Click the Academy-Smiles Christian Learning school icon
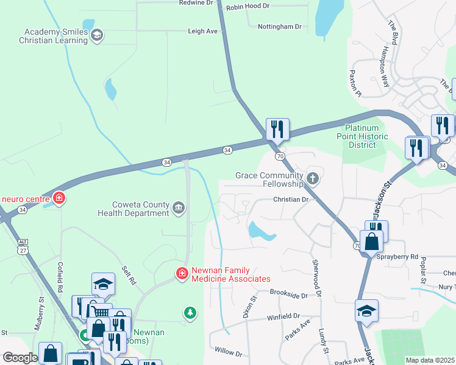[x=96, y=36]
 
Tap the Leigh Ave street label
[x=202, y=31]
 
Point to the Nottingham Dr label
[x=279, y=27]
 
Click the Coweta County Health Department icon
[x=178, y=209]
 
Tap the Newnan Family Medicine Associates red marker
[x=182, y=274]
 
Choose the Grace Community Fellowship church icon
[x=313, y=179]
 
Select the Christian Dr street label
[x=291, y=200]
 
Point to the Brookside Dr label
[x=296, y=294]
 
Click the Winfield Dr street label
[x=283, y=317]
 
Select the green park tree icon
[x=190, y=313]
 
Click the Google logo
[x=20, y=358]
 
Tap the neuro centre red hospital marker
[x=59, y=198]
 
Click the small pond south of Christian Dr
[x=261, y=231]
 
